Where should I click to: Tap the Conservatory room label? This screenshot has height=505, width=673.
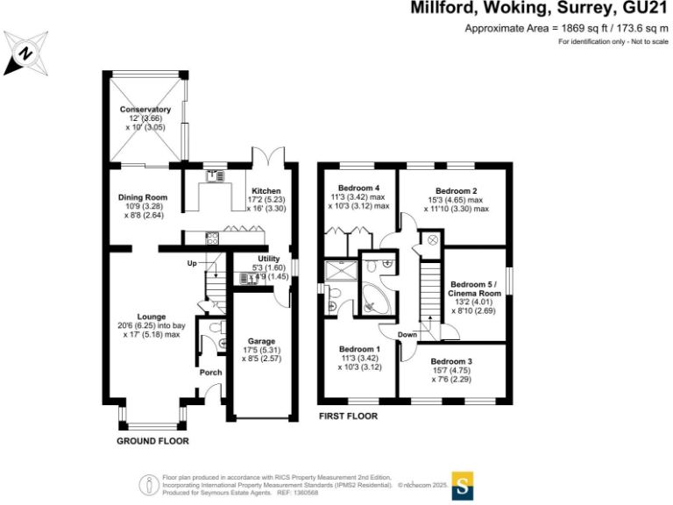145,110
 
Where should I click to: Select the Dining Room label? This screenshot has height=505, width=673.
142,197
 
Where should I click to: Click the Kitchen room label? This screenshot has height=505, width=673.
266,190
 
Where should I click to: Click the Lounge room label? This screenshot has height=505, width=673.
145,317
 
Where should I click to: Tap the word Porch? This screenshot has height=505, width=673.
210,372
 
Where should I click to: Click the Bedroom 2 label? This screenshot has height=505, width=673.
456,191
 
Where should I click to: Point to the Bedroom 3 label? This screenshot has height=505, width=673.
451,361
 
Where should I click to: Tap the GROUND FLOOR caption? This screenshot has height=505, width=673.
152,440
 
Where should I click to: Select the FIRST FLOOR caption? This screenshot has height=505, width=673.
348,416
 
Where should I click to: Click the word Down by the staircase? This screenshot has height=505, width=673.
407,335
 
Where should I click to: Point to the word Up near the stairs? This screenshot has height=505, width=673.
191,264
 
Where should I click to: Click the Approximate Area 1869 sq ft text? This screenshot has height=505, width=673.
563,28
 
